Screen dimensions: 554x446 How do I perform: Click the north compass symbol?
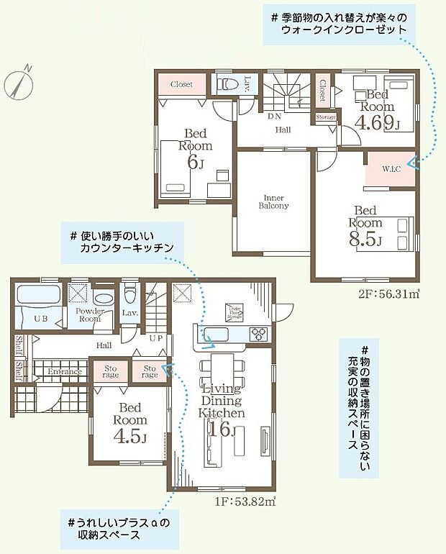point(19,82)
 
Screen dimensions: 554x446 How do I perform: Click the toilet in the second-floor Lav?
point(224,84)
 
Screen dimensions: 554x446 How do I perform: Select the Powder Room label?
point(90,314)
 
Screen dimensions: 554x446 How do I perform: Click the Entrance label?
point(65,371)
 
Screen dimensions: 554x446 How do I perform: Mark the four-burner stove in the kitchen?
point(258,333)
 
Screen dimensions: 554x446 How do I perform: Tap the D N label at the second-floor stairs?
point(274,115)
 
